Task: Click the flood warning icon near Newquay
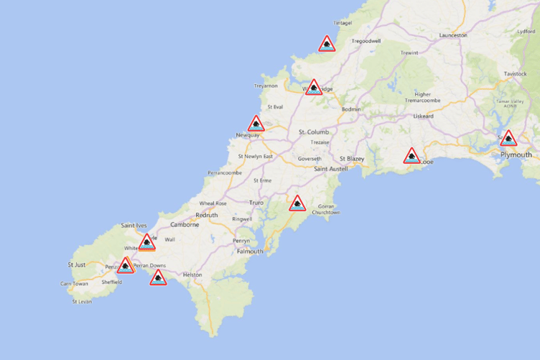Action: click(256, 124)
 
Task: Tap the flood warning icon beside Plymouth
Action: click(508, 139)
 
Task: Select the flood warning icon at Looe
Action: click(411, 156)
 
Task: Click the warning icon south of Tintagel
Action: click(327, 45)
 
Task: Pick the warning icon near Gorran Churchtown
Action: click(297, 204)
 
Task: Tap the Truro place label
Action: click(256, 203)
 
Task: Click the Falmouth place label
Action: click(250, 251)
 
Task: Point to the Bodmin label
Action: click(351, 109)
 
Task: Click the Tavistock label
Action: click(515, 74)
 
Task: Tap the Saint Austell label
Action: click(331, 168)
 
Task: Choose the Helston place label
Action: click(192, 274)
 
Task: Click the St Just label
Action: click(76, 264)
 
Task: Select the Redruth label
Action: click(206, 215)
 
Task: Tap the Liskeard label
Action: click(423, 116)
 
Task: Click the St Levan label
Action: click(82, 301)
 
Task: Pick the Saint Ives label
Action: click(134, 226)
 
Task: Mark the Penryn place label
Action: click(241, 240)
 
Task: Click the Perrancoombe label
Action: click(225, 172)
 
